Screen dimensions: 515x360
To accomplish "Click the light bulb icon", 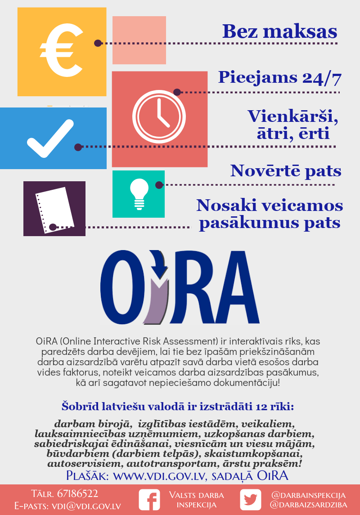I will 139,194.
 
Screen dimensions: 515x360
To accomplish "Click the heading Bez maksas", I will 279,31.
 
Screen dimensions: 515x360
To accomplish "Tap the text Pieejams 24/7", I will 279,78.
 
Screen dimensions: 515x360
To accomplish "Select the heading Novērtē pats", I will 286,171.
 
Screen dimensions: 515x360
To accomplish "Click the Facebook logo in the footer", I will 149,500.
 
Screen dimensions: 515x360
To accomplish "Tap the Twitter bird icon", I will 250,500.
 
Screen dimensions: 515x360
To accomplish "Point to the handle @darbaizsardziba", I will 309,505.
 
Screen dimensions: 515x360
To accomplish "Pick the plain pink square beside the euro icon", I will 139,40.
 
